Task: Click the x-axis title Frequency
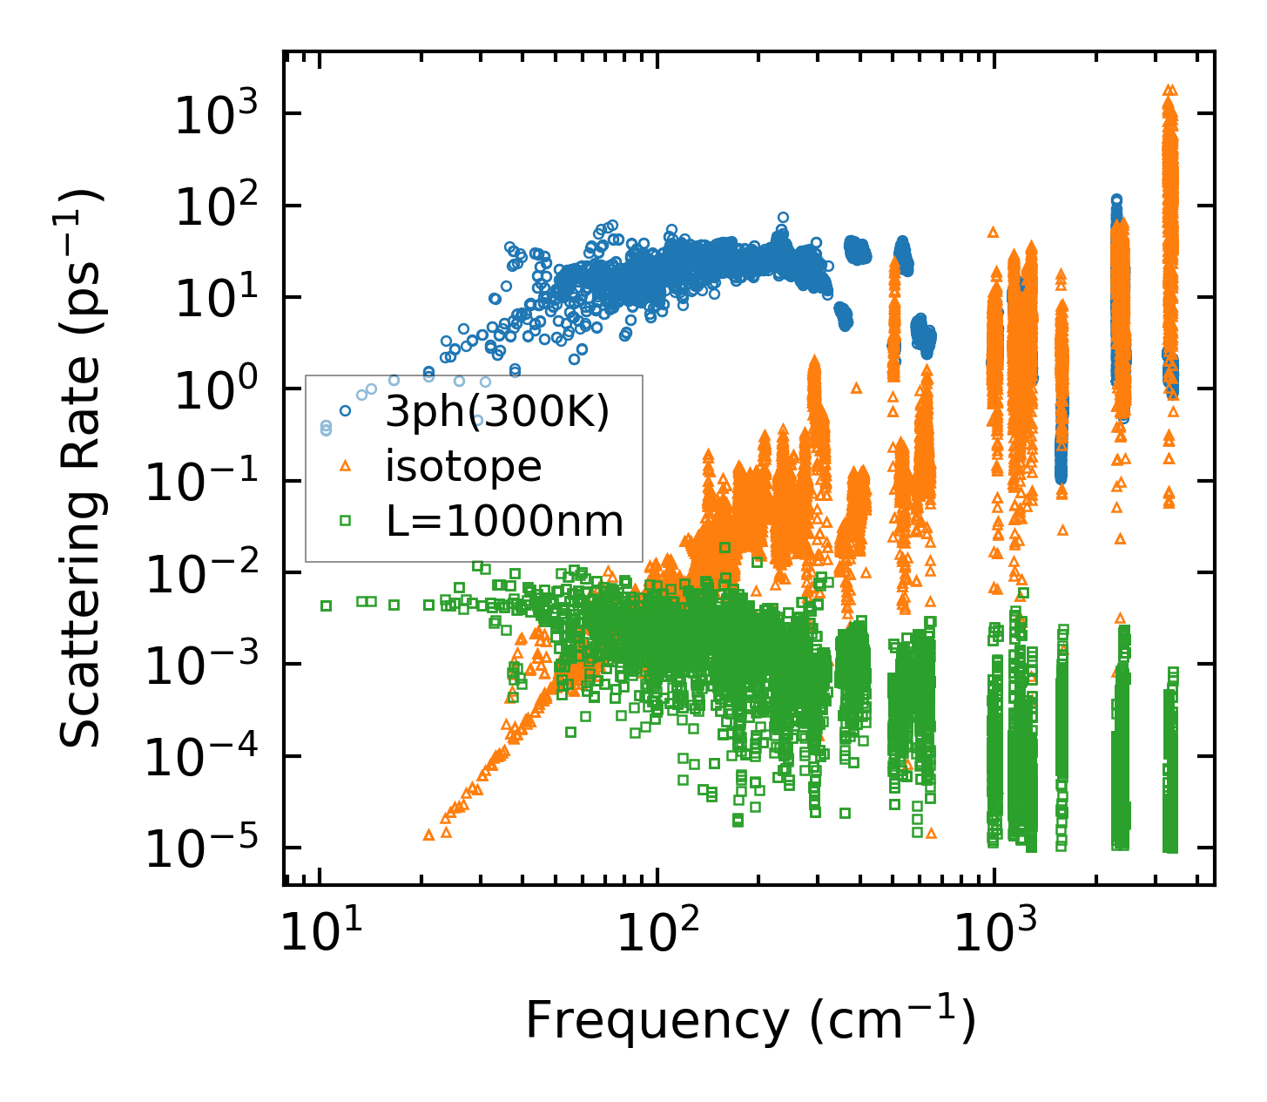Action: tap(749, 1020)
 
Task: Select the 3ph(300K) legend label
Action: tap(496, 412)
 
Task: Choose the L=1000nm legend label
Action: tap(505, 521)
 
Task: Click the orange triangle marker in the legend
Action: tap(345, 466)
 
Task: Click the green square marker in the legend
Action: tap(345, 521)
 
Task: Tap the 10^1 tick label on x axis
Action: tap(319, 936)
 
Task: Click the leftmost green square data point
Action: tap(327, 605)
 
